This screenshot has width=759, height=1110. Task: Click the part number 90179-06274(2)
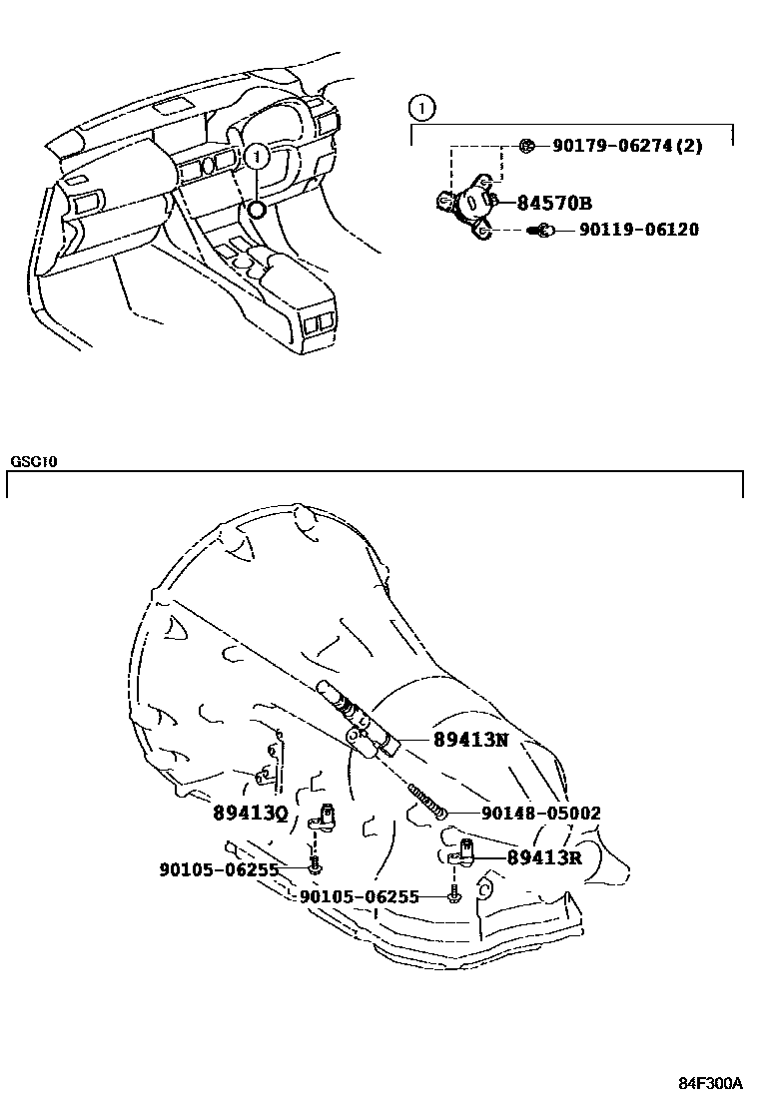(627, 146)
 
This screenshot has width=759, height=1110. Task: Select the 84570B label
(555, 203)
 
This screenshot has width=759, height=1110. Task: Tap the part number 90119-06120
(639, 231)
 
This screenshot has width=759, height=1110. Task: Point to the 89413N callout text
(470, 740)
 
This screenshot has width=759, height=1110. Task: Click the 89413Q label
(250, 813)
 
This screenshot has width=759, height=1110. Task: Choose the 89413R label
(543, 856)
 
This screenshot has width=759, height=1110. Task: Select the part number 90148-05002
(541, 814)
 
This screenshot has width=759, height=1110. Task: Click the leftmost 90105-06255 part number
(219, 869)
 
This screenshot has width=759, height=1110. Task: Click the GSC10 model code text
(35, 462)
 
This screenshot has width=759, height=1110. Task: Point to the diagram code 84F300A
(711, 1083)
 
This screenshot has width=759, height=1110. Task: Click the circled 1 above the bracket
(422, 106)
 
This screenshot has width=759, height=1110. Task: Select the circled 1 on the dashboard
(257, 155)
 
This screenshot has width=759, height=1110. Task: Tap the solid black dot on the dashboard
(257, 209)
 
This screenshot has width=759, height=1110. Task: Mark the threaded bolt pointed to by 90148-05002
(425, 799)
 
